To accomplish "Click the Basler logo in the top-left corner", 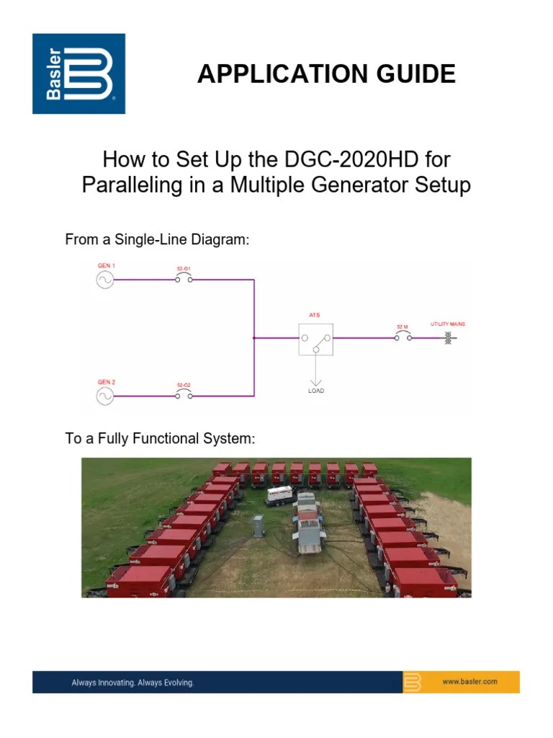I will coord(78,74).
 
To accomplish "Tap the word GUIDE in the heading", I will coord(422,74).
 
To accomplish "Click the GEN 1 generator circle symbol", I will coord(105,280).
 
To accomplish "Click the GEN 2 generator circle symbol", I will coord(105,395).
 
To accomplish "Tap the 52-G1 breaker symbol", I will coord(184,280).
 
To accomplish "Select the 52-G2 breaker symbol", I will coord(184,395).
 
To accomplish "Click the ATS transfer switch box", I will coord(316,337).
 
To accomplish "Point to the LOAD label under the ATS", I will coord(315,391).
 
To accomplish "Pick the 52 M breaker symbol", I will coord(402,337).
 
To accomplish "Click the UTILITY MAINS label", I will coord(447,324).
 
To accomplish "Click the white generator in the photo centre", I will coord(279,495).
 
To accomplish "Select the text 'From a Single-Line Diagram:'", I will coord(157,240).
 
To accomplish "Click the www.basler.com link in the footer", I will coord(470,682).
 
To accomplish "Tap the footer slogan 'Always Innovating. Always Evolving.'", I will coord(132,682).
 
